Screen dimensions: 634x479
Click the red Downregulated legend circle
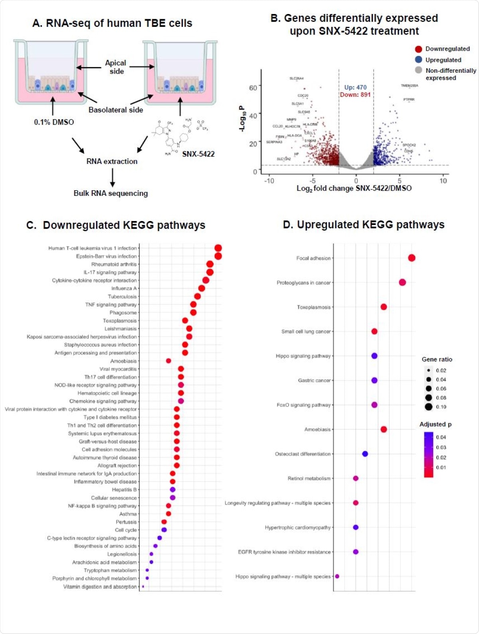[418, 49]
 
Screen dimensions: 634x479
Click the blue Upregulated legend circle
[418, 60]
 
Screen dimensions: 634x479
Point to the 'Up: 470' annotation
[355, 87]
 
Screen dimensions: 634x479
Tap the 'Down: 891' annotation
[355, 95]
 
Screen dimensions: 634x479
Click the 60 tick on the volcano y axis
[253, 88]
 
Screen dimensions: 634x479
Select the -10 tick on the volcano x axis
[269, 181]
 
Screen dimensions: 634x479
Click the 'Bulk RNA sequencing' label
[111, 193]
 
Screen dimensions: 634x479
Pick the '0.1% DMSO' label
[54, 122]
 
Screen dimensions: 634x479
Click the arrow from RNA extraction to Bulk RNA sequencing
[113, 177]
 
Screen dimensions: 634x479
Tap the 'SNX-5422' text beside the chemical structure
[198, 154]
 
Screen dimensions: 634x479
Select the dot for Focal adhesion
[412, 258]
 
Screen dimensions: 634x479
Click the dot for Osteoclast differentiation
[365, 454]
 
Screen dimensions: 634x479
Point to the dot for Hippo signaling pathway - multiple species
[337, 576]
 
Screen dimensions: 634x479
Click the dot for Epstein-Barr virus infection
[218, 256]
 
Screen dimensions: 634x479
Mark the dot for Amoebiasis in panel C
[168, 361]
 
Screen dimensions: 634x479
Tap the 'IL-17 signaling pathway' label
[110, 272]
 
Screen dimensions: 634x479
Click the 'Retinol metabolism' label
[309, 478]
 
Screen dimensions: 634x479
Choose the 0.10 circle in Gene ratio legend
[429, 407]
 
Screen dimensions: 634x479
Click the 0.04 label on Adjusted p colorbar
[441, 437]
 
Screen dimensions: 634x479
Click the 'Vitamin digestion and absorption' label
[100, 587]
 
